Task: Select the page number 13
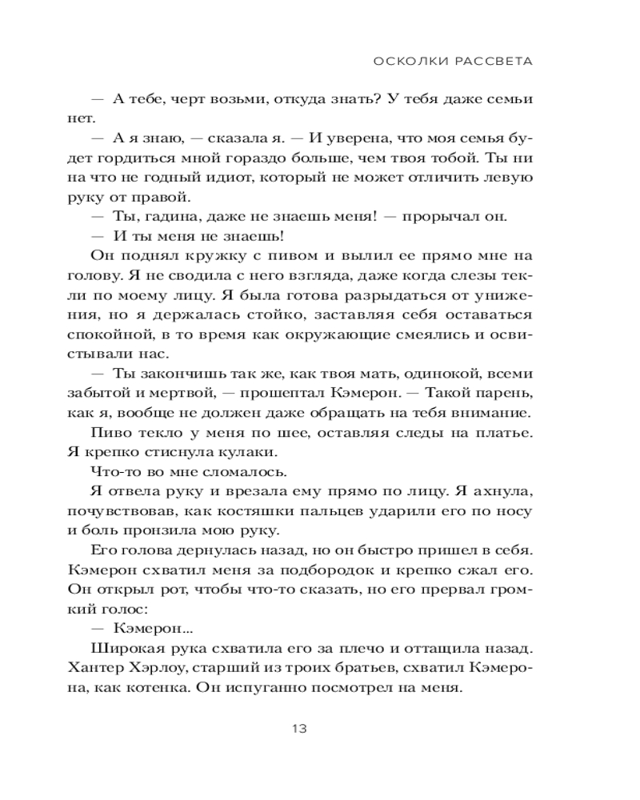(299, 729)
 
